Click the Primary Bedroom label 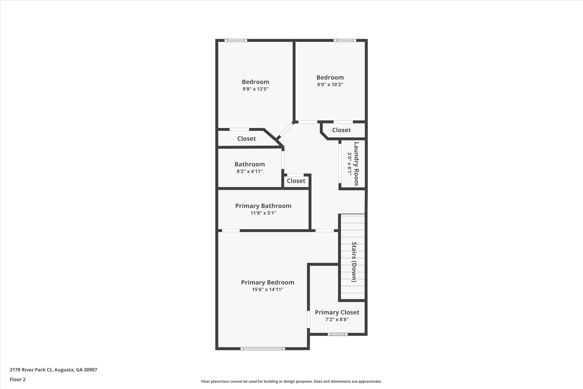267,282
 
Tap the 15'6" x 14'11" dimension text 267,290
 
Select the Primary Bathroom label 263,206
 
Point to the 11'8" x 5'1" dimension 263,213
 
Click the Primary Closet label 337,312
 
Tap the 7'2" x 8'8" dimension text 337,319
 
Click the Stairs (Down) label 354,262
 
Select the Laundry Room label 356,164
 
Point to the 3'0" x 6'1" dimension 349,164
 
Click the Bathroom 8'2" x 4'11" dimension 249,171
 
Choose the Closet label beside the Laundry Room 341,130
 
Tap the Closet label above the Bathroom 246,139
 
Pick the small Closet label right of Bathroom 296,181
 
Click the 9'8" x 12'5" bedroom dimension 255,89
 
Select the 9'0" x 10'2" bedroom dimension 330,84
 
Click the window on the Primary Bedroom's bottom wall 262,348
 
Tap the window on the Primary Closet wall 337,334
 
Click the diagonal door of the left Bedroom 285,131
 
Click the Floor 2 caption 18,379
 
